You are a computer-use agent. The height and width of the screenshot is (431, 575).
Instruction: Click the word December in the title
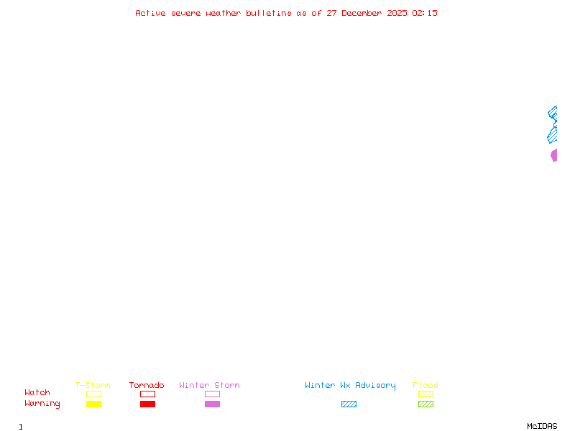[x=362, y=13]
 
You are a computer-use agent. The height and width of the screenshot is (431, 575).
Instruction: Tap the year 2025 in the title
[x=397, y=13]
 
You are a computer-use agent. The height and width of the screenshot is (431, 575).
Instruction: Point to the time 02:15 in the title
[x=425, y=13]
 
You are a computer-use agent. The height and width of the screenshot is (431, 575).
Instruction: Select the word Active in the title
[x=150, y=13]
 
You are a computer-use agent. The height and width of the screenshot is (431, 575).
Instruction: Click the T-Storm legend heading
[x=93, y=385]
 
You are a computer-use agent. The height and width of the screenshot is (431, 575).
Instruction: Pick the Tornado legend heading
[x=147, y=385]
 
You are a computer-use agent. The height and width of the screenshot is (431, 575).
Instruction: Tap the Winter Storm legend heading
[x=209, y=385]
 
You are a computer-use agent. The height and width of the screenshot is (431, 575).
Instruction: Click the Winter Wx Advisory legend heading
[x=350, y=386]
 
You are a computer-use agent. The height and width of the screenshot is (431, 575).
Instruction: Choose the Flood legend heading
[x=425, y=385]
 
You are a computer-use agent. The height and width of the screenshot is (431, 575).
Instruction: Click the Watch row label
[x=37, y=392]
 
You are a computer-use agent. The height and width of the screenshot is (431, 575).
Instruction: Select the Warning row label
[x=42, y=404]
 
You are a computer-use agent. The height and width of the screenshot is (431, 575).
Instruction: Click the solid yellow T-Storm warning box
[x=94, y=404]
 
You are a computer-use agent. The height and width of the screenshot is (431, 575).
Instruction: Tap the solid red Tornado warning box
[x=148, y=404]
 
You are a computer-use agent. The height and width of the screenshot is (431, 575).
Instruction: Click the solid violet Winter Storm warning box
[x=212, y=404]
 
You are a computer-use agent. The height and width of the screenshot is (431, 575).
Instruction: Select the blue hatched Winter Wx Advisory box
[x=349, y=404]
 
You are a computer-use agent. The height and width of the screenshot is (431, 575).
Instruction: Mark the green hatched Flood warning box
[x=425, y=404]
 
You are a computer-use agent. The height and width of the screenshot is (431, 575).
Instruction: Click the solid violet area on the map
[x=554, y=155]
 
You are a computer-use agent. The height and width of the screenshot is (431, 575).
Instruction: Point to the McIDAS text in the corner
[x=542, y=426]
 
